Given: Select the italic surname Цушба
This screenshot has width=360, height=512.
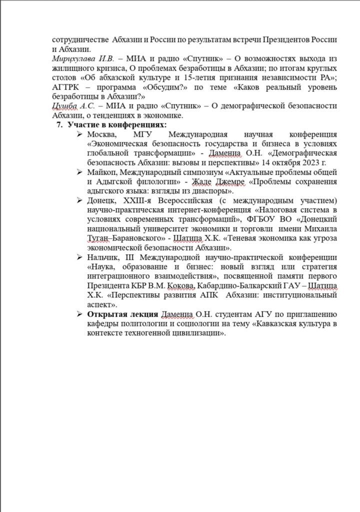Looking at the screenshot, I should click(x=64, y=105).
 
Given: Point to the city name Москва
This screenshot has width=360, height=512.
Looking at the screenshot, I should click(x=101, y=134).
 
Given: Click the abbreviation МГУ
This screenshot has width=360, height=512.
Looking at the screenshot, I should click(x=144, y=134).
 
